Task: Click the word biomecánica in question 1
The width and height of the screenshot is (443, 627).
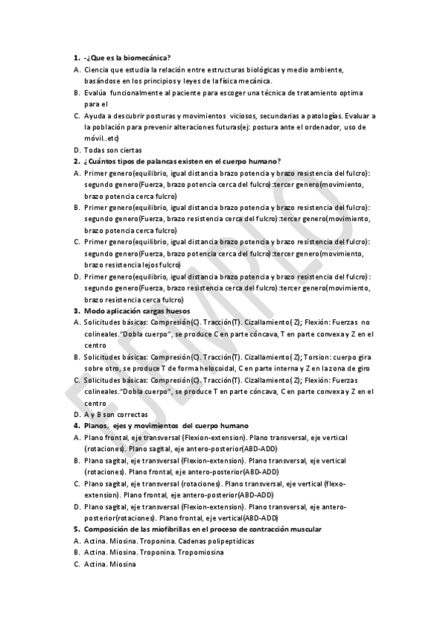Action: point(148,58)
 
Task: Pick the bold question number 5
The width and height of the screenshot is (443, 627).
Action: point(76,530)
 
